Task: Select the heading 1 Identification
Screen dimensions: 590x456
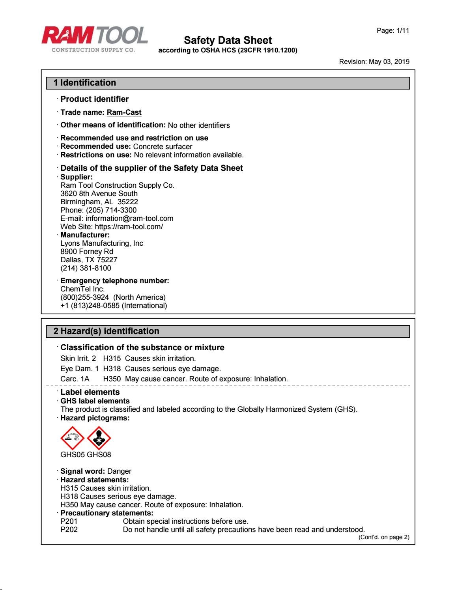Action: [85, 83]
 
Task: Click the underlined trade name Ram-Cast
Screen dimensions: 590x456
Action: [124, 112]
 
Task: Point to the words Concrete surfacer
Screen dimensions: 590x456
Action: [163, 147]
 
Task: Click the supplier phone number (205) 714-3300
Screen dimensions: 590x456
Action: [111, 210]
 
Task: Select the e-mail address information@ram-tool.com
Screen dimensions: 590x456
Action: [129, 218]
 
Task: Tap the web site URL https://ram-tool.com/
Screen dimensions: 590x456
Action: [129, 227]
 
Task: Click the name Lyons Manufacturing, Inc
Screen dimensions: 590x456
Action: [102, 243]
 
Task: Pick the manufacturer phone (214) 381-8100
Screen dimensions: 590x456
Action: [86, 268]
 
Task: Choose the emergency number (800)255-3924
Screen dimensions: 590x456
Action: [84, 297]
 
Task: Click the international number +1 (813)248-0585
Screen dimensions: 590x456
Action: [90, 306]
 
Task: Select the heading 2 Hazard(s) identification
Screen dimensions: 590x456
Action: [107, 331]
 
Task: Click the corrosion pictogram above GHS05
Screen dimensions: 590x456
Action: [72, 438]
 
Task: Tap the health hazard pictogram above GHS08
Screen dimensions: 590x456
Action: [99, 438]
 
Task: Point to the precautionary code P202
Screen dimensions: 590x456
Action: [69, 530]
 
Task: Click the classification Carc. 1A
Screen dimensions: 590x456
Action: [75, 379]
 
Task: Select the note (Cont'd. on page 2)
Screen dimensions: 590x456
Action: [383, 537]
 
